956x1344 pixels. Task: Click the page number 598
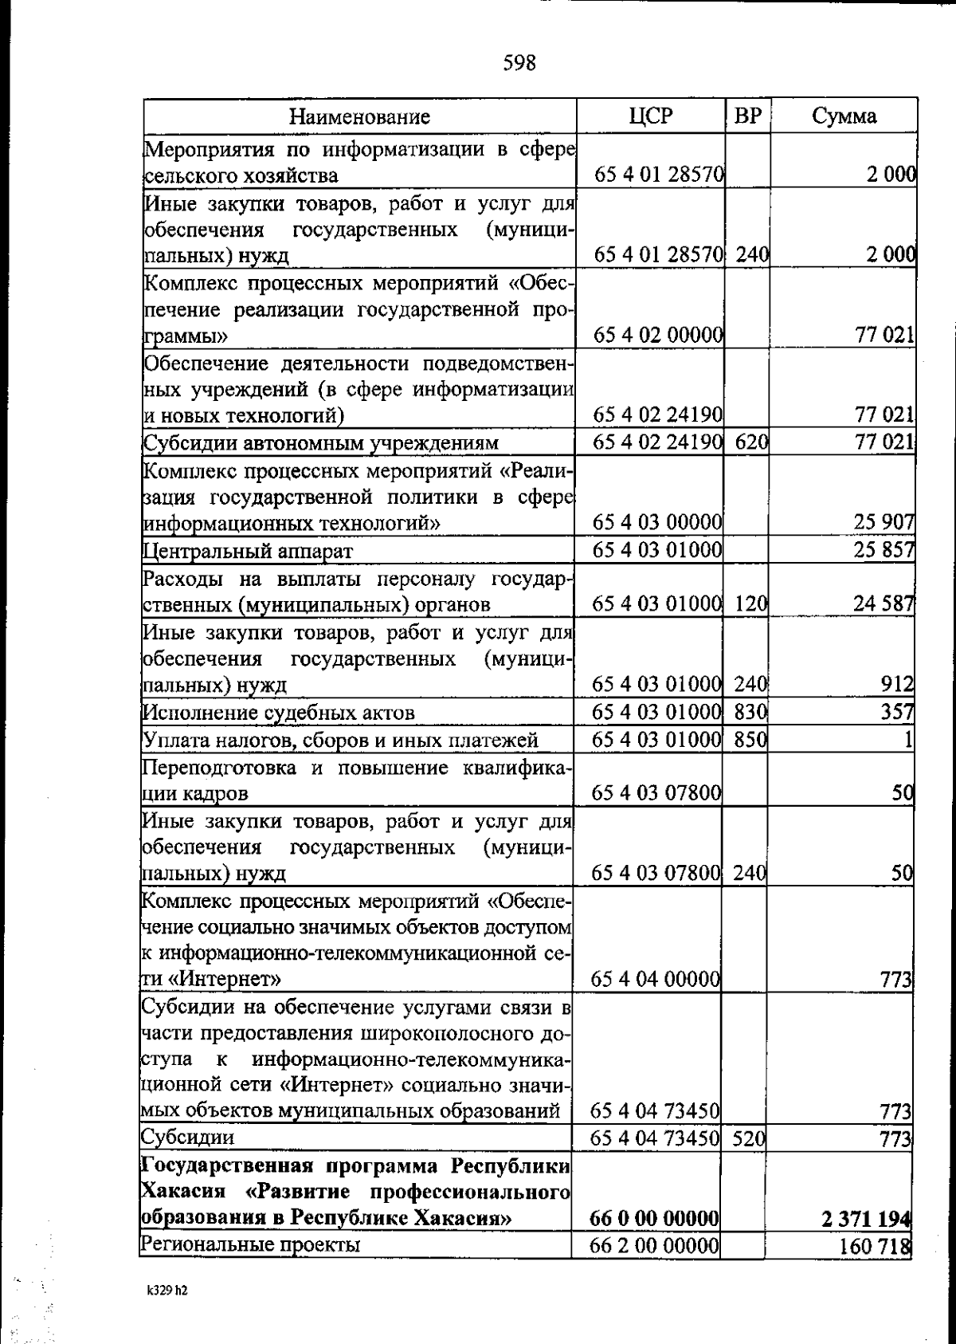tap(519, 62)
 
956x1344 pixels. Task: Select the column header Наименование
tap(359, 117)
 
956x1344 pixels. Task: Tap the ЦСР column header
tap(650, 116)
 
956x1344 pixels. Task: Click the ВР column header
tap(747, 116)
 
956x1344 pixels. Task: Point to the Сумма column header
tap(844, 116)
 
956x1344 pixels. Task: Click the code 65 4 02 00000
tap(658, 336)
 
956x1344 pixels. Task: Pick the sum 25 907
tap(884, 523)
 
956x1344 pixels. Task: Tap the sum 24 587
tap(884, 603)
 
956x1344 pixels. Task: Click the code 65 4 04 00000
tap(656, 978)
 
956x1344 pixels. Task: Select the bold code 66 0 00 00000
tap(655, 1218)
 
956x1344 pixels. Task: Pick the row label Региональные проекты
tap(250, 1244)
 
